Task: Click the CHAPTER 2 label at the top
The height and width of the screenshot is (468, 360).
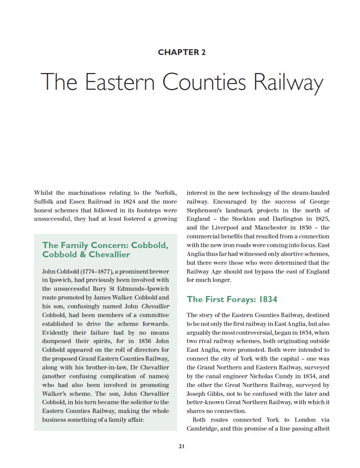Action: (182, 52)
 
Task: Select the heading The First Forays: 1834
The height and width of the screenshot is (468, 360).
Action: (232, 300)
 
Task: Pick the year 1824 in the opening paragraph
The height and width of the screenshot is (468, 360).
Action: (131, 201)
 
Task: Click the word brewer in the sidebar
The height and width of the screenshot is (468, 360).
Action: (158, 271)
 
